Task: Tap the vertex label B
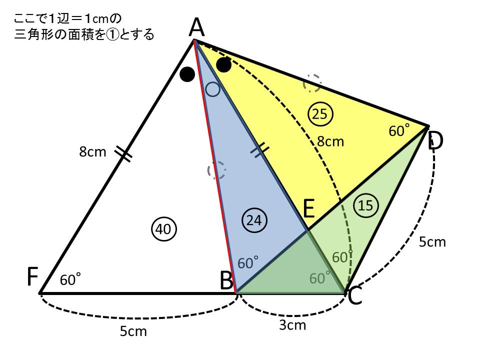227,280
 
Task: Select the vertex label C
355,296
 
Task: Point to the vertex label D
435,140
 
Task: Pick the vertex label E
308,208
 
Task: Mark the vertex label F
33,276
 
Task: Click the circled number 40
164,229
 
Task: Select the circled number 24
254,220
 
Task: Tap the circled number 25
320,114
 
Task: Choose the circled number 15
366,205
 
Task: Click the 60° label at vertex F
70,280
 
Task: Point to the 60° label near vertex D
399,130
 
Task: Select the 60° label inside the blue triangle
247,263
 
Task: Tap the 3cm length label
292,325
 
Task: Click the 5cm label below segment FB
133,331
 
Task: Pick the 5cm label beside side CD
432,242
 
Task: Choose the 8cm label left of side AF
92,152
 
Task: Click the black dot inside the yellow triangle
224,65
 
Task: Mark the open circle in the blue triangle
212,89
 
